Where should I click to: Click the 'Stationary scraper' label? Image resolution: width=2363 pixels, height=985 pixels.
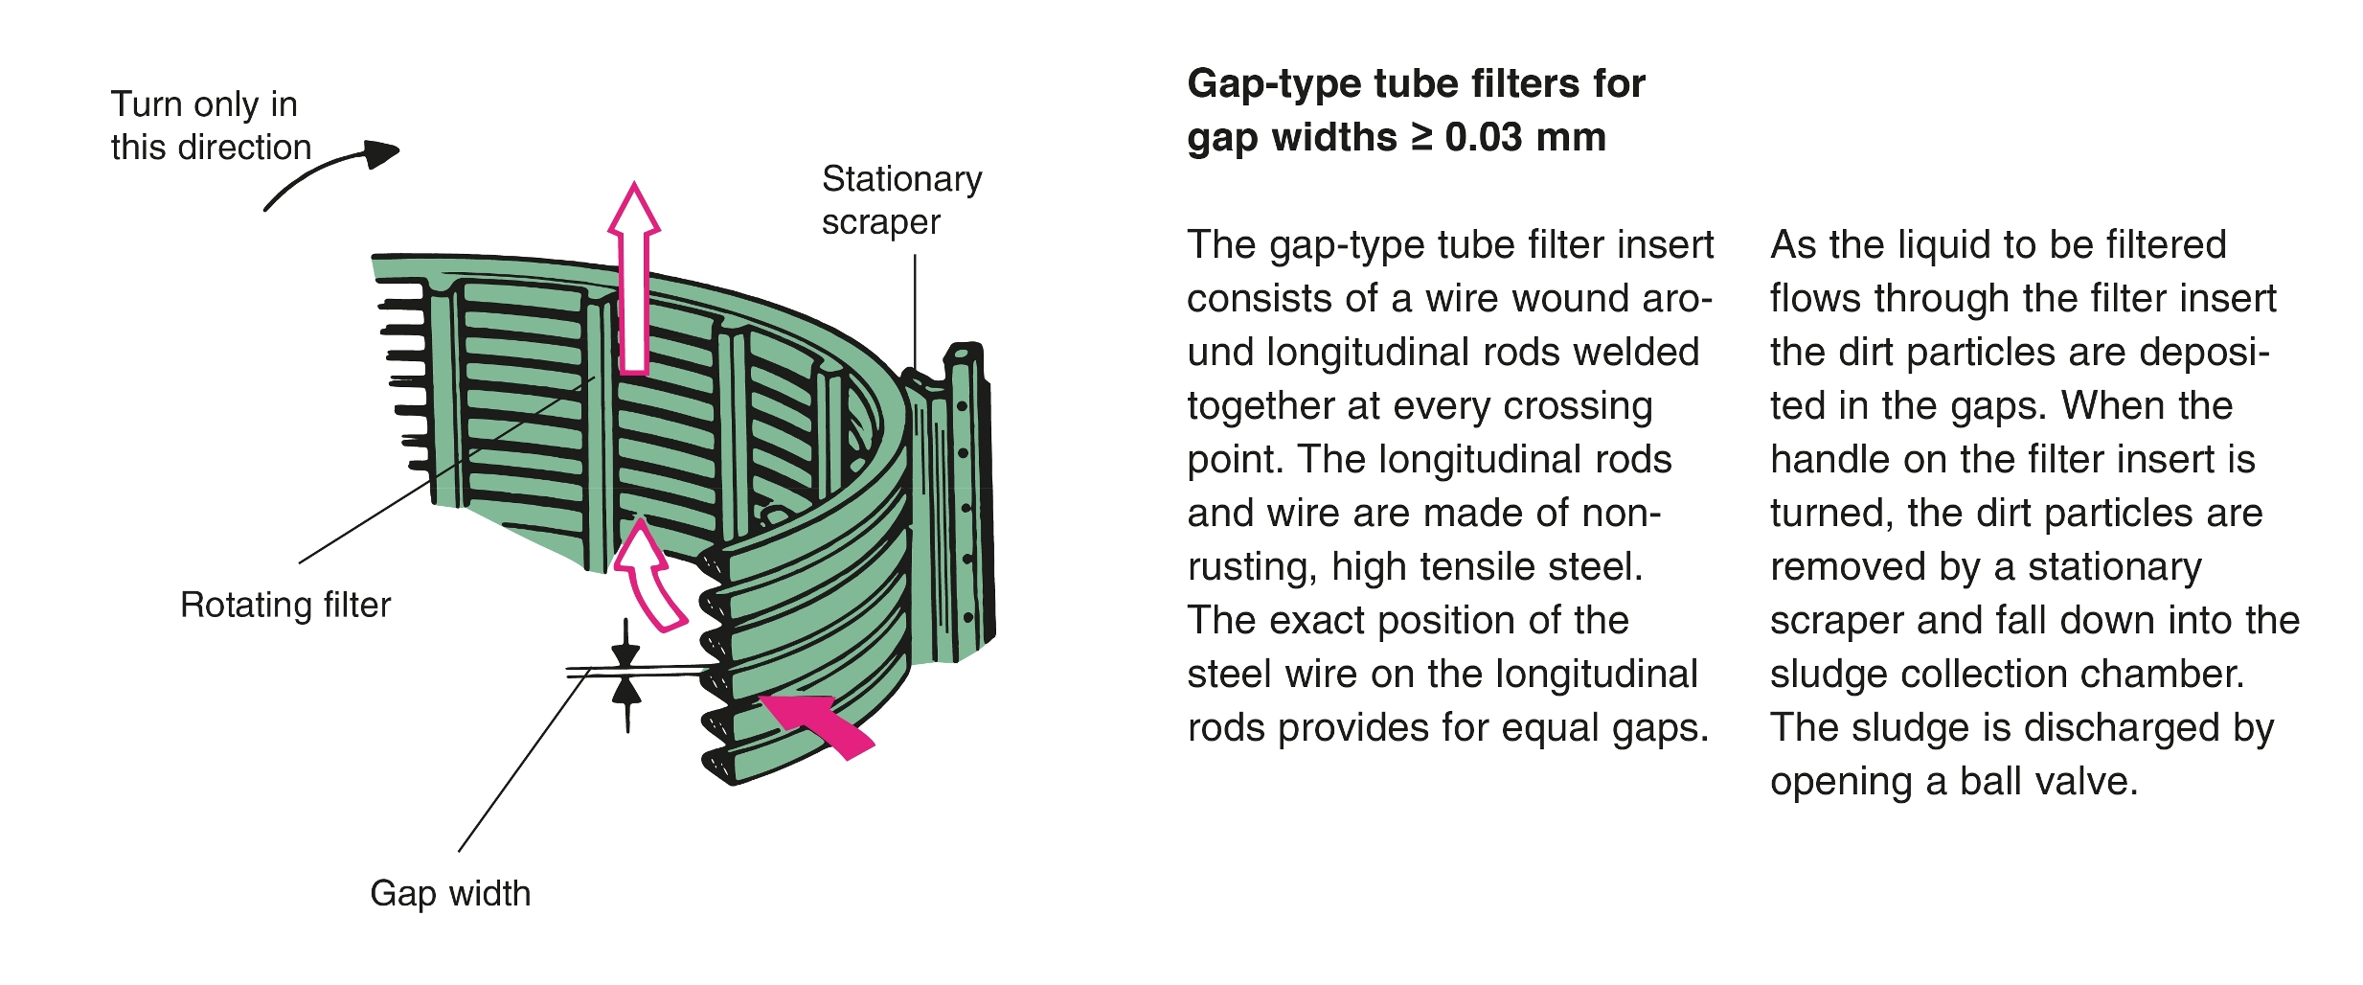[x=900, y=200]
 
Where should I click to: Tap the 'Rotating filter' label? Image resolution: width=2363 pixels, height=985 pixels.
[x=285, y=606]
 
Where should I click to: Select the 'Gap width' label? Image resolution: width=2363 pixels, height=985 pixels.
[x=450, y=893]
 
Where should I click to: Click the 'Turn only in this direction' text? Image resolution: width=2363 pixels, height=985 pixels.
[x=211, y=126]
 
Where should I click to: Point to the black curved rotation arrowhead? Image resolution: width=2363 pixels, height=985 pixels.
[x=382, y=153]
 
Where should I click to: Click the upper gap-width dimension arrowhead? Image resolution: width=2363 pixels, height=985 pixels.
[x=625, y=653]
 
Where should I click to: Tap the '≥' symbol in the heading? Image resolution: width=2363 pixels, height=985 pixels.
[x=1422, y=137]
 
